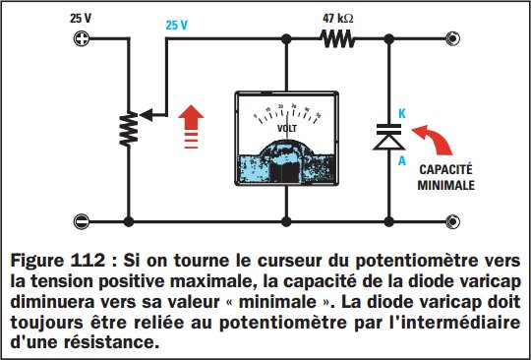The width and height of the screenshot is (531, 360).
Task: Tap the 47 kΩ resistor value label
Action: click(x=340, y=18)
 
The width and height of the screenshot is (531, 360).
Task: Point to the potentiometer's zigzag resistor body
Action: click(x=128, y=127)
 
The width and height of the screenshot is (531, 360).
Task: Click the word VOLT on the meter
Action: click(x=287, y=128)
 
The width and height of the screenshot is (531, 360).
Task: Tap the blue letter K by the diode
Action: click(x=402, y=114)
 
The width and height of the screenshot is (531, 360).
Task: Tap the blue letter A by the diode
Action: click(x=402, y=162)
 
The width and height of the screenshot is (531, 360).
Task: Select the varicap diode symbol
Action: click(x=390, y=137)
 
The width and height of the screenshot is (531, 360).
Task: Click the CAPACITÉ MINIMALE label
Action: click(x=450, y=176)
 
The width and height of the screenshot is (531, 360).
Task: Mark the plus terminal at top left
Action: click(x=82, y=40)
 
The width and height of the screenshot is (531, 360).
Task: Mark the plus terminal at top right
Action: click(x=453, y=40)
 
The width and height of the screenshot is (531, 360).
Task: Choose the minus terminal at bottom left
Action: click(x=82, y=220)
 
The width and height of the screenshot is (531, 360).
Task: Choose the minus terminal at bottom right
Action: click(x=453, y=220)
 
